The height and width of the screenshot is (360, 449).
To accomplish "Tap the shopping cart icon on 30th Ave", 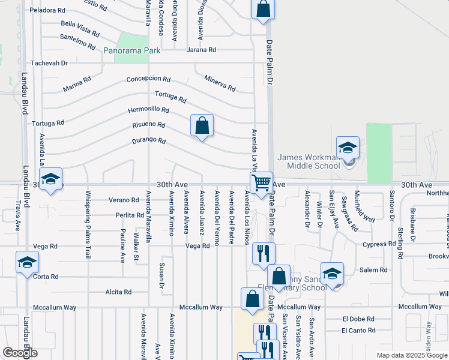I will pyautogui.click(x=262, y=182).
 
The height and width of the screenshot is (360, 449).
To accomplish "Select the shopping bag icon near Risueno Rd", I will pyautogui.click(x=202, y=126).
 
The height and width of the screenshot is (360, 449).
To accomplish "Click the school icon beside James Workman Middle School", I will pyautogui.click(x=348, y=148).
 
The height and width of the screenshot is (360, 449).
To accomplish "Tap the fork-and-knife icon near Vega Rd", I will pyautogui.click(x=262, y=253).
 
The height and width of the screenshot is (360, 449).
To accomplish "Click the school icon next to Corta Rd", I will pyautogui.click(x=26, y=262).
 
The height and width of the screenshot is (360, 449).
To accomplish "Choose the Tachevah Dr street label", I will pyautogui.click(x=49, y=63).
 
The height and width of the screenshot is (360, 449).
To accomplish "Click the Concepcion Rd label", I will pyautogui.click(x=148, y=79).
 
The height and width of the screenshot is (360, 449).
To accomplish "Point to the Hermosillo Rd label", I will pyautogui.click(x=148, y=110).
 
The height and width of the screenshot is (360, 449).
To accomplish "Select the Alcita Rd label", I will pyautogui.click(x=118, y=292).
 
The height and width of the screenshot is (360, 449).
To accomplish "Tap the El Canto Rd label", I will pyautogui.click(x=358, y=331).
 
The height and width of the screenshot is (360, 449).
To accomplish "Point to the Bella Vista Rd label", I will pyautogui.click(x=80, y=28).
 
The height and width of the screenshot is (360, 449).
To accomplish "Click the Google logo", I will pyautogui.click(x=20, y=353).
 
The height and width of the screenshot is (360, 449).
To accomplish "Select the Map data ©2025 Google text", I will pyautogui.click(x=412, y=355).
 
